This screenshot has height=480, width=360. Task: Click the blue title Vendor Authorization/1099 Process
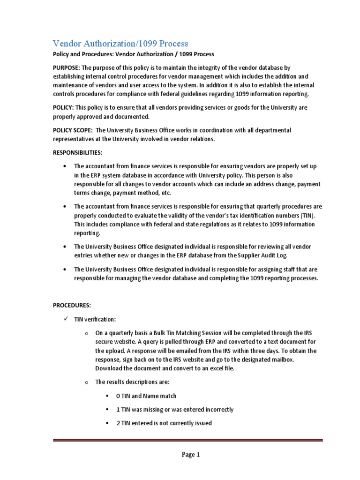coord(120,44)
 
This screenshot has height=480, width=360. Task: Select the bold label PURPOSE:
coord(66,67)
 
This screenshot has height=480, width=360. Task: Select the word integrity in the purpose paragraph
coord(217,67)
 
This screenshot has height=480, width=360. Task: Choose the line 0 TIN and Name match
coord(146,396)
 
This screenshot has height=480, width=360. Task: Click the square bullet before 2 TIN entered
coord(107,423)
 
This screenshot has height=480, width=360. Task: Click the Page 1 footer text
coord(190,455)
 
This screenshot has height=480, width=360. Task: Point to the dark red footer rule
coord(187,440)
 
